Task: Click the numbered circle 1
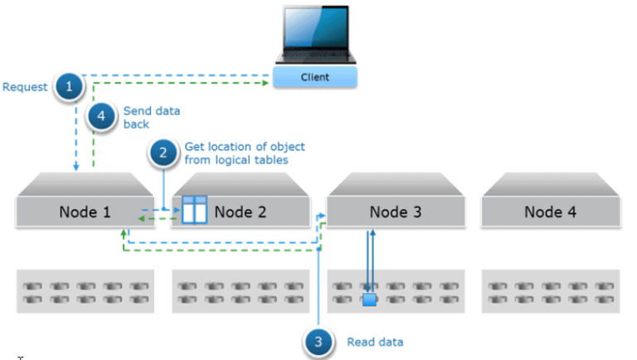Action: [70, 85]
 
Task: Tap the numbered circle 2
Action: [163, 153]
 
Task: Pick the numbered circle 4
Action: [101, 116]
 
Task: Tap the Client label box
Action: [315, 77]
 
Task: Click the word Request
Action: [26, 86]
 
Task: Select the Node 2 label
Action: [240, 212]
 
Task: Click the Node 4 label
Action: [550, 212]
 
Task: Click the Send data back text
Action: [152, 117]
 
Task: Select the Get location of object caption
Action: [236, 153]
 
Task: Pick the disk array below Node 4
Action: [550, 291]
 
